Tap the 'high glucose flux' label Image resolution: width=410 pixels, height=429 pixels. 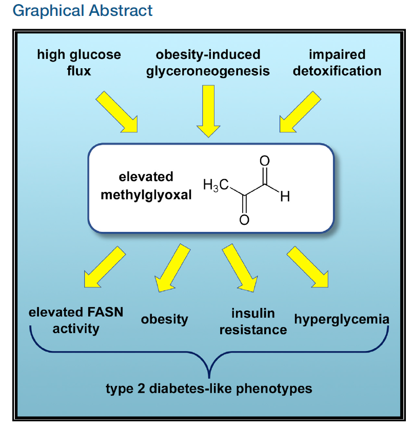point(79,63)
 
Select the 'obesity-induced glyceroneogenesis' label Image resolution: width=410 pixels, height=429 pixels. point(208,63)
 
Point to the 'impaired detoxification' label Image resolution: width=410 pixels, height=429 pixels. point(337,63)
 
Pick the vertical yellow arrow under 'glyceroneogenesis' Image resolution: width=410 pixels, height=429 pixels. point(208,110)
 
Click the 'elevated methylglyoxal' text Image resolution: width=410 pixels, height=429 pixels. point(146,186)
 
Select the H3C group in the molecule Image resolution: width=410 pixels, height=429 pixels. point(215,186)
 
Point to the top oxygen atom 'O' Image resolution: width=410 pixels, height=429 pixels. point(265,161)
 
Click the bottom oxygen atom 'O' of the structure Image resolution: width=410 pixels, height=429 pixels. point(244,220)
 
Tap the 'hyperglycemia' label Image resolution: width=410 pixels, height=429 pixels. point(342,319)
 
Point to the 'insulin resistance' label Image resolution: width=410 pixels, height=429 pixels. point(253,321)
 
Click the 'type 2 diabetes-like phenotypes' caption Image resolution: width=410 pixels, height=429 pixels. point(209,388)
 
